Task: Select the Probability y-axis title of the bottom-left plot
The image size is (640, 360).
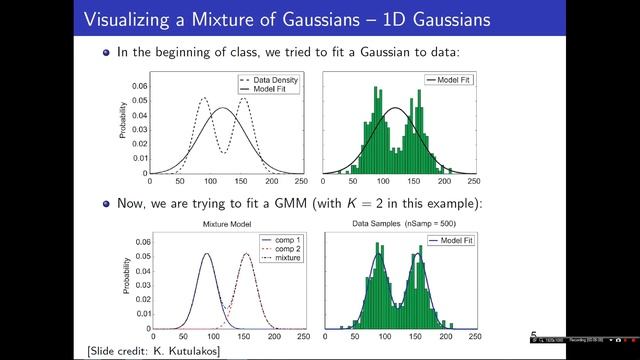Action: pos(125,279)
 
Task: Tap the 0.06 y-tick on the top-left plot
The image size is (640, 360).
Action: pos(139,85)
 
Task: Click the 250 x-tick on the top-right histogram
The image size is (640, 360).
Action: pos(473,182)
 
